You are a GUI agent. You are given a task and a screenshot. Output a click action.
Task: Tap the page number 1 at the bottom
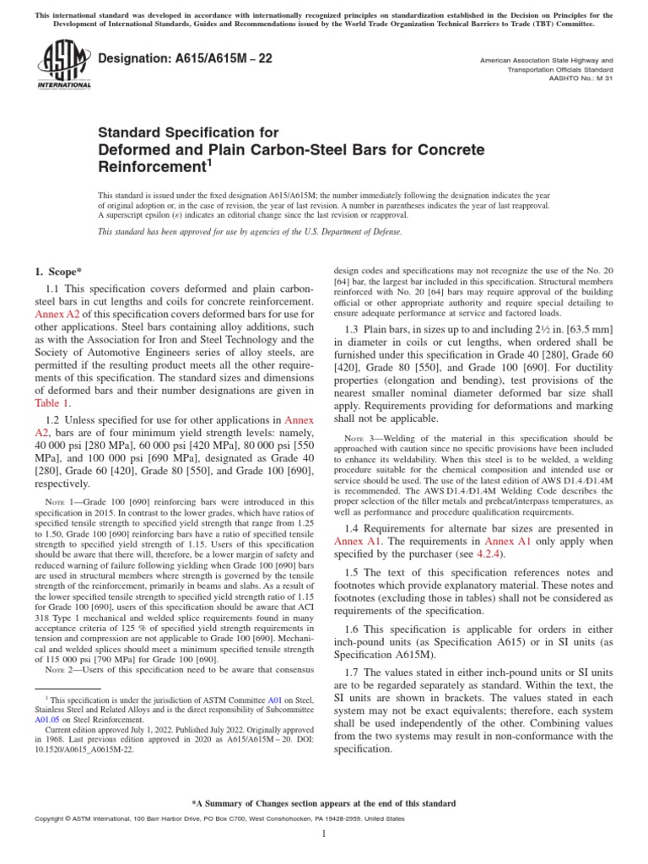(324, 834)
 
